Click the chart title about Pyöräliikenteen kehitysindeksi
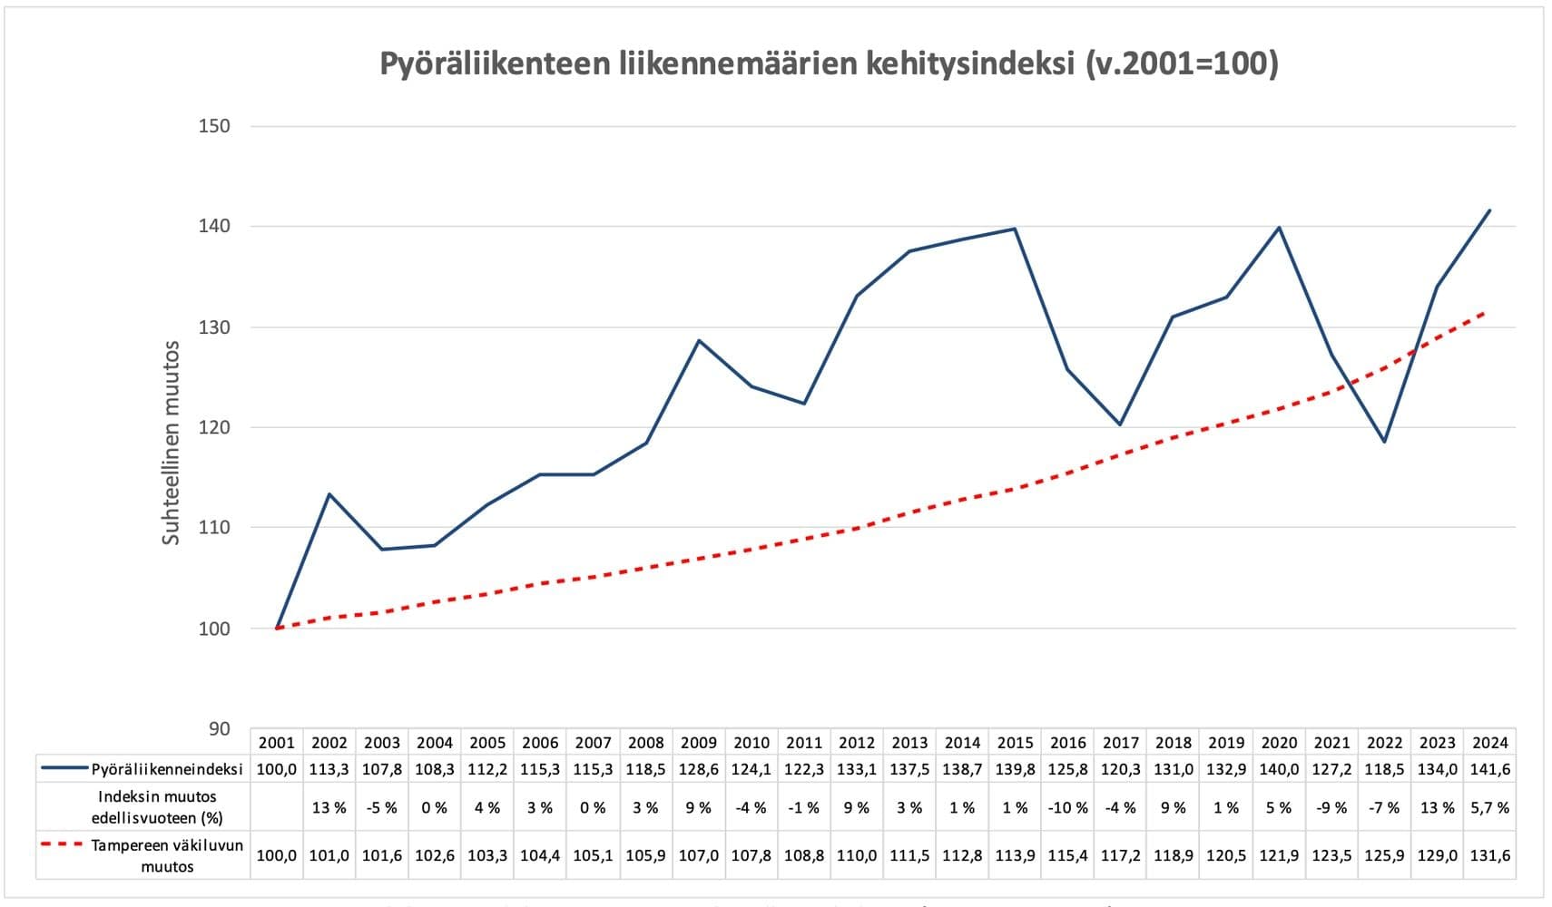[x=828, y=64]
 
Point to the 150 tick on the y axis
[x=214, y=126]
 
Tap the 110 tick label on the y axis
[x=214, y=527]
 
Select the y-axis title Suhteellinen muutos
[x=172, y=443]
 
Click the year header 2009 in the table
[x=698, y=742]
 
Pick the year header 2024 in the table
[x=1489, y=742]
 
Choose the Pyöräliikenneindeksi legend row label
[x=167, y=769]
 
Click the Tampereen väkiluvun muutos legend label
[x=167, y=855]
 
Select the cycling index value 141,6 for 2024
[x=1489, y=769]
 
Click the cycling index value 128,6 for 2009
[x=698, y=769]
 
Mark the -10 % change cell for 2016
[x=1067, y=807]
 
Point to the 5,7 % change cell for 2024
[x=1489, y=807]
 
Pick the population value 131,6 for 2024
[x=1489, y=855]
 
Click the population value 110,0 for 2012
[x=856, y=855]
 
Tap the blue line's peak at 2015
[x=1015, y=229]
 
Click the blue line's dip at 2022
[x=1384, y=442]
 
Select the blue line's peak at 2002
[x=329, y=494]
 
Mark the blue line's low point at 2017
[x=1120, y=424]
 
